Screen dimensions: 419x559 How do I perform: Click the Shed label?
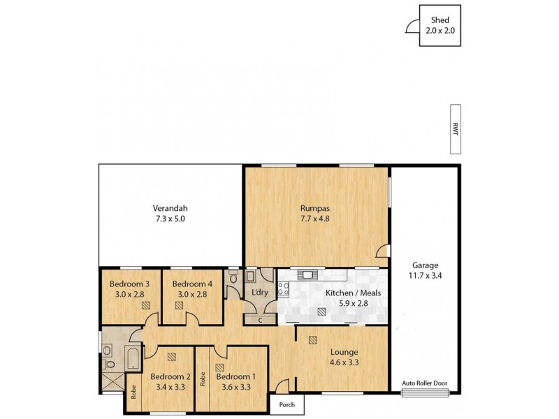point(440,20)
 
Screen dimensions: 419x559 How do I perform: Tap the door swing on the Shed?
point(412,27)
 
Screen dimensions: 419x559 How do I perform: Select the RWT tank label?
point(455,129)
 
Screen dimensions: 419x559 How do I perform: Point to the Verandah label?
point(170,208)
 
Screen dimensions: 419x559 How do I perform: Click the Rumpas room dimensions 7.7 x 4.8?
point(314,219)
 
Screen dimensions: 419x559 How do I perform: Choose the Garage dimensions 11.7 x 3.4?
point(425,276)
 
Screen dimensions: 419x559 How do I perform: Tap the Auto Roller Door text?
point(425,383)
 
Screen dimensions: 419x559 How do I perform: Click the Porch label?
point(287,404)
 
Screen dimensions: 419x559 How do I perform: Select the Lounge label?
point(344,352)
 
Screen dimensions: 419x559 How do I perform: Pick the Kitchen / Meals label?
point(353,293)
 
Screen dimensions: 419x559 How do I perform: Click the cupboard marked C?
point(259,320)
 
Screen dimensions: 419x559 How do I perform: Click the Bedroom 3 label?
point(129,284)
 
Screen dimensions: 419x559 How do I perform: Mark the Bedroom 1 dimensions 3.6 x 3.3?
point(235,387)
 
